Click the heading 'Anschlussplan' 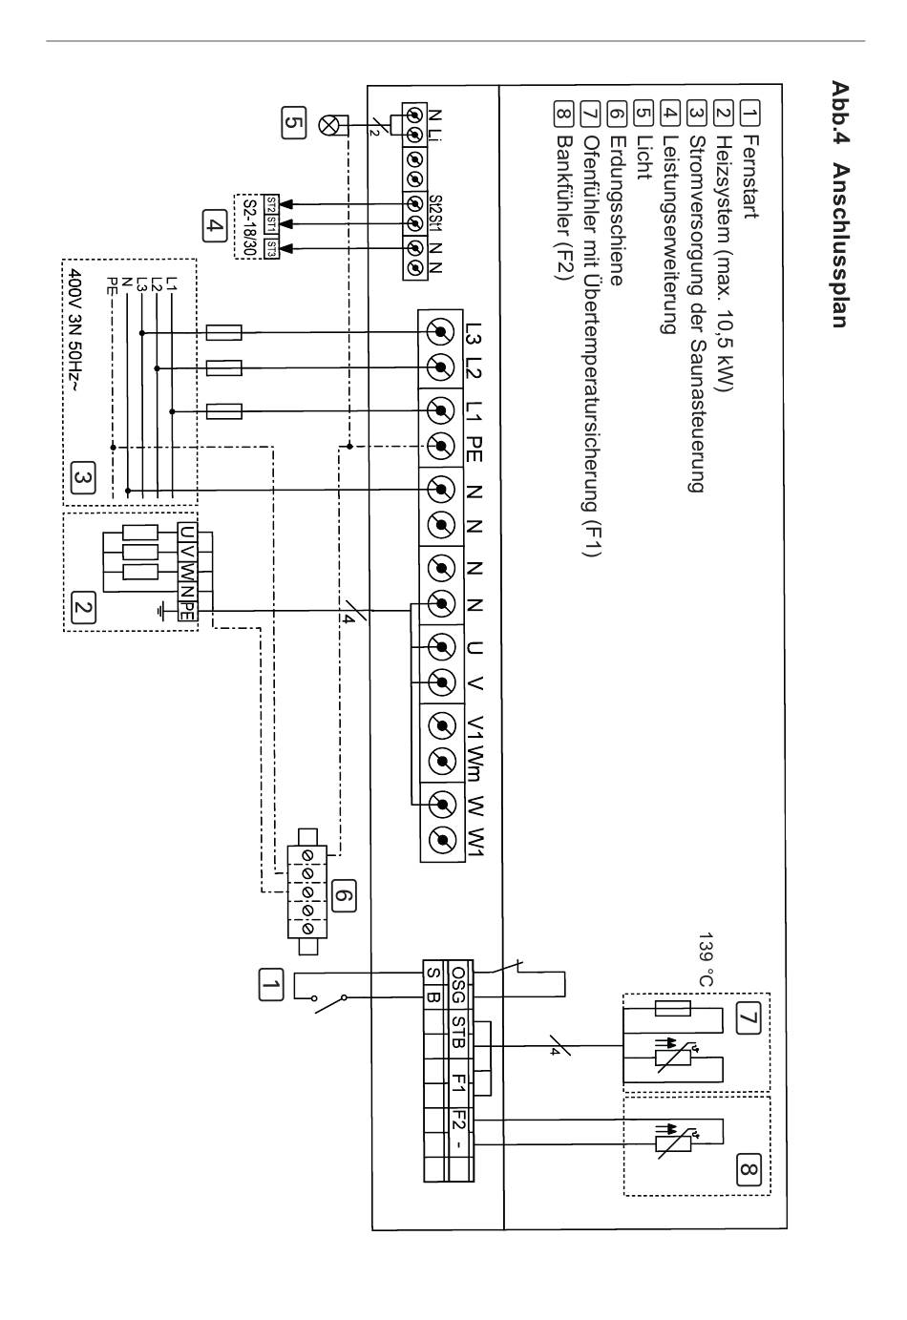point(840,245)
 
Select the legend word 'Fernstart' point(750,177)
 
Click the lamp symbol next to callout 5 point(327,125)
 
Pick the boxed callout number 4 point(214,225)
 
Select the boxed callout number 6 point(344,895)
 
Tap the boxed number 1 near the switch point(270,984)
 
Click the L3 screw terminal point(441,332)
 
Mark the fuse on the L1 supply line point(224,411)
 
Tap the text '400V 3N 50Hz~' point(75,330)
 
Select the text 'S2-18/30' point(248,227)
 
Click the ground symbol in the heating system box point(161,612)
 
